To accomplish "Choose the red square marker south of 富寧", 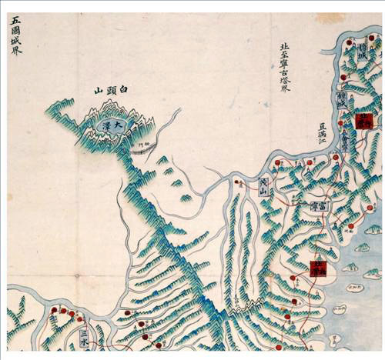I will click(x=316, y=268).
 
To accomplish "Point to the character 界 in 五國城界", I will click(x=16, y=52).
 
